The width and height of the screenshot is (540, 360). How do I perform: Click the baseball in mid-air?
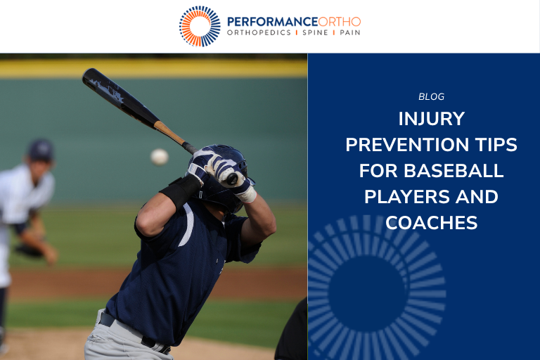(x=160, y=157)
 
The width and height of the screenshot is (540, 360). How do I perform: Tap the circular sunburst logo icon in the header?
(x=200, y=26)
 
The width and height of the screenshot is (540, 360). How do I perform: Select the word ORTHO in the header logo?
(x=340, y=21)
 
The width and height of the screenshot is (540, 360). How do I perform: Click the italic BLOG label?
(x=431, y=97)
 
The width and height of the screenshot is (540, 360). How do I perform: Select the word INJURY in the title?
(x=431, y=117)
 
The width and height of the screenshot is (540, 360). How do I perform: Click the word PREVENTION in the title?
(x=403, y=145)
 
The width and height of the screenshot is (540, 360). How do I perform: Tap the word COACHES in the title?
(x=431, y=223)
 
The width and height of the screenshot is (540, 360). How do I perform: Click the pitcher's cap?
(x=41, y=149)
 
